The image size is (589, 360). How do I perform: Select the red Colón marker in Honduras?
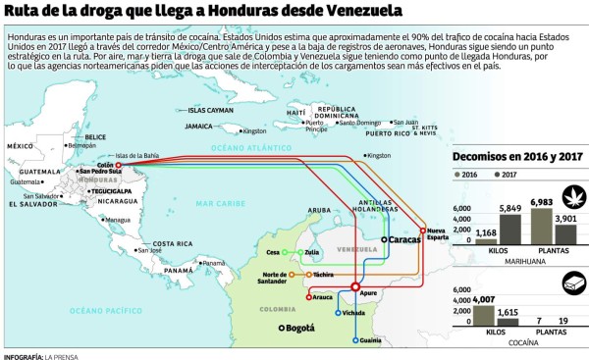click(x=118, y=165)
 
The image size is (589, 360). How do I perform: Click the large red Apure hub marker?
click(x=355, y=286)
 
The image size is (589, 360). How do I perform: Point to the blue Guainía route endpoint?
click(x=355, y=340)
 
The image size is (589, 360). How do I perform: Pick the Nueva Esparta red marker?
click(x=424, y=231)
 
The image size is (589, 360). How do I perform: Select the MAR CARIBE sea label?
click(x=217, y=203)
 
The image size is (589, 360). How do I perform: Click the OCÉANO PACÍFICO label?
click(x=80, y=309)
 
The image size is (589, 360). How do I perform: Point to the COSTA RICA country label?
click(x=172, y=243)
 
